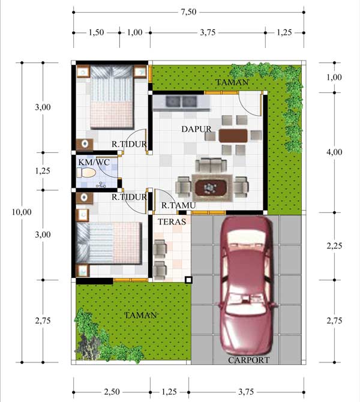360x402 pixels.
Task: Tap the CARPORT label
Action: pyautogui.click(x=249, y=360)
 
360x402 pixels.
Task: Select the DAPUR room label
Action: pyautogui.click(x=196, y=129)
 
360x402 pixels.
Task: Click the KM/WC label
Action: pyautogui.click(x=94, y=162)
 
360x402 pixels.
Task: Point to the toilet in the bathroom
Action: pyautogui.click(x=86, y=173)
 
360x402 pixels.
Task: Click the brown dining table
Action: pyautogui.click(x=233, y=136)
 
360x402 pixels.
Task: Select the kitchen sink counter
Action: pyautogui.click(x=182, y=103)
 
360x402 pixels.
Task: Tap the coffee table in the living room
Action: pyautogui.click(x=211, y=187)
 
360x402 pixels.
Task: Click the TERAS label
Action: pyautogui.click(x=172, y=221)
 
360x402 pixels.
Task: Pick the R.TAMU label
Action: pyautogui.click(x=178, y=205)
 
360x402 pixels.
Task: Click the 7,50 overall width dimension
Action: pyautogui.click(x=189, y=12)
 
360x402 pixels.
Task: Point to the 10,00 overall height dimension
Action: pyautogui.click(x=22, y=212)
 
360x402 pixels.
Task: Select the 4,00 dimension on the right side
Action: pyautogui.click(x=334, y=152)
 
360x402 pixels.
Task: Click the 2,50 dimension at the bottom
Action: pyautogui.click(x=112, y=392)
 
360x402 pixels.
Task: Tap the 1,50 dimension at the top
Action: pyautogui.click(x=97, y=32)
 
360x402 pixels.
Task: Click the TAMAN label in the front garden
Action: pyautogui.click(x=140, y=315)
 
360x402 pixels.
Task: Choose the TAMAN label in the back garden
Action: pyautogui.click(x=232, y=82)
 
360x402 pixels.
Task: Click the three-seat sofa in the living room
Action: pyautogui.click(x=211, y=166)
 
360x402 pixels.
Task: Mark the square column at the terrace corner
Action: pyautogui.click(x=188, y=280)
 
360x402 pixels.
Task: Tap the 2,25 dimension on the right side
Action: pyautogui.click(x=334, y=246)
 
